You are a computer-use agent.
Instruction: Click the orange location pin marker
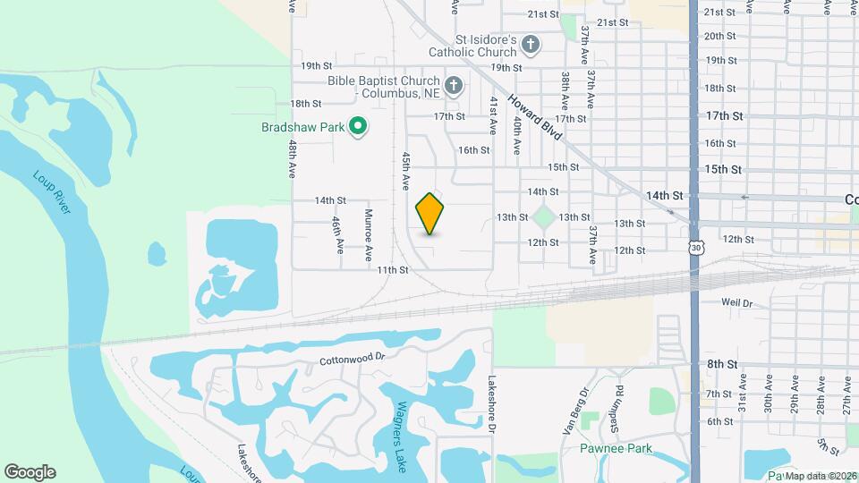430,214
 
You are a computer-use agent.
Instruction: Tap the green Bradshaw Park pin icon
358,127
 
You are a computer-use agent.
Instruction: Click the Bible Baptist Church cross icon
454,86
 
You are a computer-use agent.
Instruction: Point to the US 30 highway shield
695,246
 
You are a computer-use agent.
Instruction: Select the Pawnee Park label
615,448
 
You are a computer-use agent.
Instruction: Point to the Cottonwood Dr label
352,356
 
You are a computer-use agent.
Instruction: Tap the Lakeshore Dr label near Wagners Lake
491,403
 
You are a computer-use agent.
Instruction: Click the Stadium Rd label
617,399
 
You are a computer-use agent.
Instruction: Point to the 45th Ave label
405,169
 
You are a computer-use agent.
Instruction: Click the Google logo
30,471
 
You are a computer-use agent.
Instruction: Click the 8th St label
720,364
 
